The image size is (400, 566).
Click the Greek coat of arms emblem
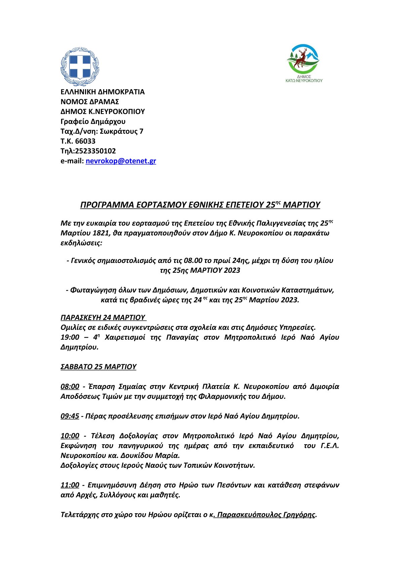coord(80,67)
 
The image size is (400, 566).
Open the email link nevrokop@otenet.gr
coord(121,161)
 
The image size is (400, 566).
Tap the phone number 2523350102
coord(95,151)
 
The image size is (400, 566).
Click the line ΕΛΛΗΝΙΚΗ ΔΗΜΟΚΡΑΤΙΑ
coord(103,92)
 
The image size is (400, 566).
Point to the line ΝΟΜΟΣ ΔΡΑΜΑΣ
coord(90,102)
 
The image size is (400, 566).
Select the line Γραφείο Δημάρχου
coord(93,121)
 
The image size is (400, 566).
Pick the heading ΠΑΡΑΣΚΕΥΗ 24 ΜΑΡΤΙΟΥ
coord(103,317)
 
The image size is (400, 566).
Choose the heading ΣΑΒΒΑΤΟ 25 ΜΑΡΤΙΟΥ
coord(98,367)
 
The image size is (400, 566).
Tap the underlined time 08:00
coord(70,386)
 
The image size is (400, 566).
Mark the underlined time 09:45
coord(70,416)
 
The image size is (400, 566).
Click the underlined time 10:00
coord(70,436)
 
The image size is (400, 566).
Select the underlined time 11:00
coord(70,485)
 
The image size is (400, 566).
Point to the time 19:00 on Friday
coord(70,337)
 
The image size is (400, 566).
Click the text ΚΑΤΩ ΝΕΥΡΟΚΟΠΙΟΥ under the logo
coord(304,81)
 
